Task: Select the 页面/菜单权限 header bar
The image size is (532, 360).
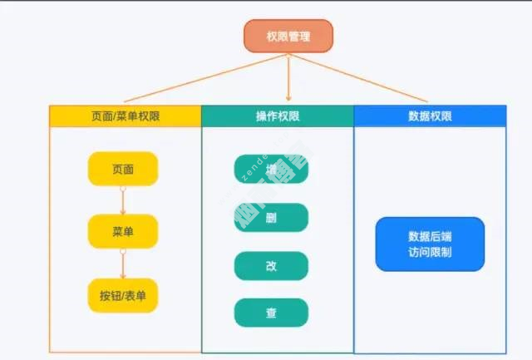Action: (x=125, y=116)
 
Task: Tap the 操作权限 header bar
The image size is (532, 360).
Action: (x=278, y=116)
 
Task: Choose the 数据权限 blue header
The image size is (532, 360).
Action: (x=430, y=116)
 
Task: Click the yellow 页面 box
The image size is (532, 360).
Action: (x=122, y=169)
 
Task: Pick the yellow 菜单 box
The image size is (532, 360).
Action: (x=122, y=232)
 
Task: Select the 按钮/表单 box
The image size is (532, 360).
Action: (x=122, y=295)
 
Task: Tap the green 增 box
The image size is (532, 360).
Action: (x=271, y=170)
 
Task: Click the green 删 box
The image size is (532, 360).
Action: (x=271, y=218)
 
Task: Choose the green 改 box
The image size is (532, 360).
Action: (x=271, y=265)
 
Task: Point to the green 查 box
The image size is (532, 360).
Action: (x=271, y=313)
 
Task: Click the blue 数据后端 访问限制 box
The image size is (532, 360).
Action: (x=430, y=244)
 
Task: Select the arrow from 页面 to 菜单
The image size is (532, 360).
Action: (x=122, y=200)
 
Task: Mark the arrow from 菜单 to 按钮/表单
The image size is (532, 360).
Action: (x=122, y=264)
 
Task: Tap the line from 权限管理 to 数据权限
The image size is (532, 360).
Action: (x=366, y=79)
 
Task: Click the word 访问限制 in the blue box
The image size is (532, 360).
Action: (x=430, y=252)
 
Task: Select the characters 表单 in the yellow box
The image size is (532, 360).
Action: (x=138, y=295)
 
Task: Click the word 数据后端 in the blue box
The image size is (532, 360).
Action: (x=430, y=235)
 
